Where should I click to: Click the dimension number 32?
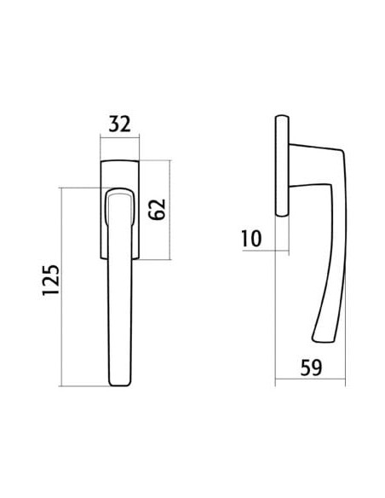pyautogui.click(x=119, y=124)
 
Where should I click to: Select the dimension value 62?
pyautogui.click(x=158, y=209)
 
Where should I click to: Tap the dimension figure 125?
pyautogui.click(x=51, y=281)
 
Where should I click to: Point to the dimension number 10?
pyautogui.click(x=251, y=239)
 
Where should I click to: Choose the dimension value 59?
pyautogui.click(x=311, y=368)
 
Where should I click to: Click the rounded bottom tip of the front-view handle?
pyautogui.click(x=119, y=385)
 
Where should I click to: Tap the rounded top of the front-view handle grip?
pyautogui.click(x=119, y=189)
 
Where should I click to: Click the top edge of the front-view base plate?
pyautogui.click(x=119, y=160)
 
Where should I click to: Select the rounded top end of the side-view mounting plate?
pyautogui.click(x=282, y=116)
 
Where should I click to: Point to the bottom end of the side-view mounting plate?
pyautogui.click(x=282, y=215)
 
